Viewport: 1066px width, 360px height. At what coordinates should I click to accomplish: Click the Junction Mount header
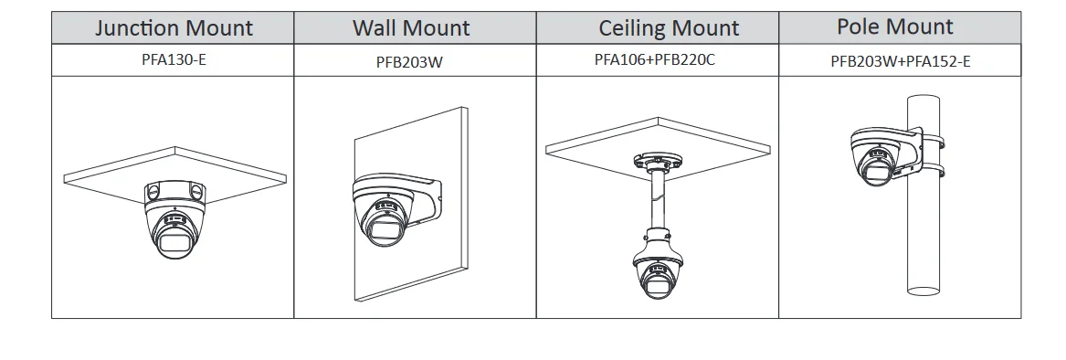click(174, 27)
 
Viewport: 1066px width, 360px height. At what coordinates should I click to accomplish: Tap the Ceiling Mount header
click(669, 27)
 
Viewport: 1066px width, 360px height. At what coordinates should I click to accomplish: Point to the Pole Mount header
click(894, 26)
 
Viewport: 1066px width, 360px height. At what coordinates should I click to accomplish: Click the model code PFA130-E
click(174, 61)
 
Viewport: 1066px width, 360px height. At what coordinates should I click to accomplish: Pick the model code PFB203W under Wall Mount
click(414, 63)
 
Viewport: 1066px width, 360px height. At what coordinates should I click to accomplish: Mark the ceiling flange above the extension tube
click(656, 161)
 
